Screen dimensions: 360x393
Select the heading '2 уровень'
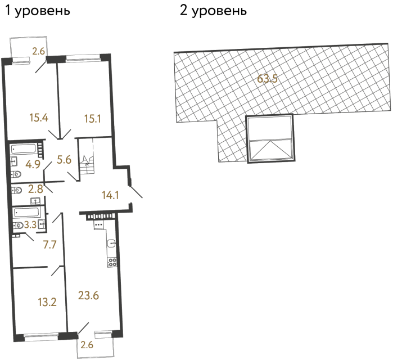[213, 11]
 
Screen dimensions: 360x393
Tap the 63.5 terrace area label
[267, 79]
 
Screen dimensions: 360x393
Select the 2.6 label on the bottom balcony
[87, 345]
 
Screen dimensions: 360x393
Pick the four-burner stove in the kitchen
[112, 262]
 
